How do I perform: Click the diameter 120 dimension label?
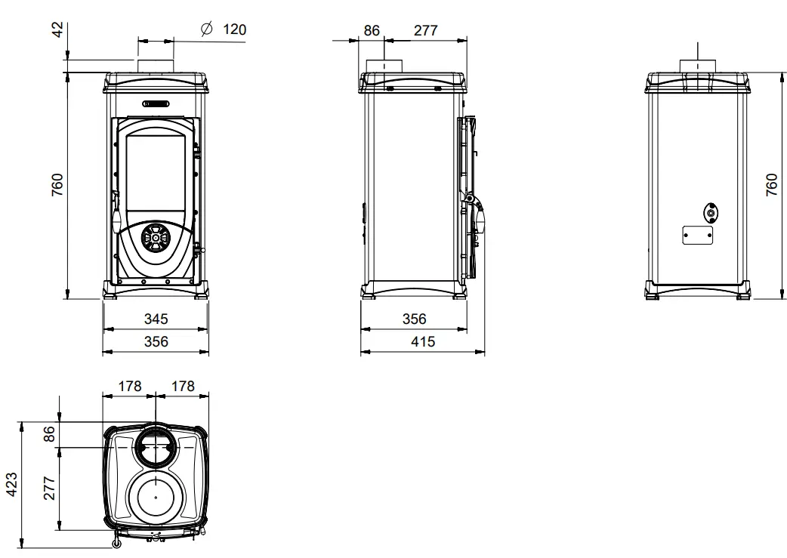(224, 29)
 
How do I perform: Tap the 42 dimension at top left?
(58, 29)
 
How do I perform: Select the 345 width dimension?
(156, 319)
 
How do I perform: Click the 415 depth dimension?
(423, 342)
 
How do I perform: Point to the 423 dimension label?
(11, 484)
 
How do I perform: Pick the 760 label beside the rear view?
(772, 185)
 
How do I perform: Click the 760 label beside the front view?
(58, 185)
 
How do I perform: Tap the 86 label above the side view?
(372, 31)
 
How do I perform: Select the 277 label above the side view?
(426, 31)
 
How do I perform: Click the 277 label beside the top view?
(49, 488)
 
